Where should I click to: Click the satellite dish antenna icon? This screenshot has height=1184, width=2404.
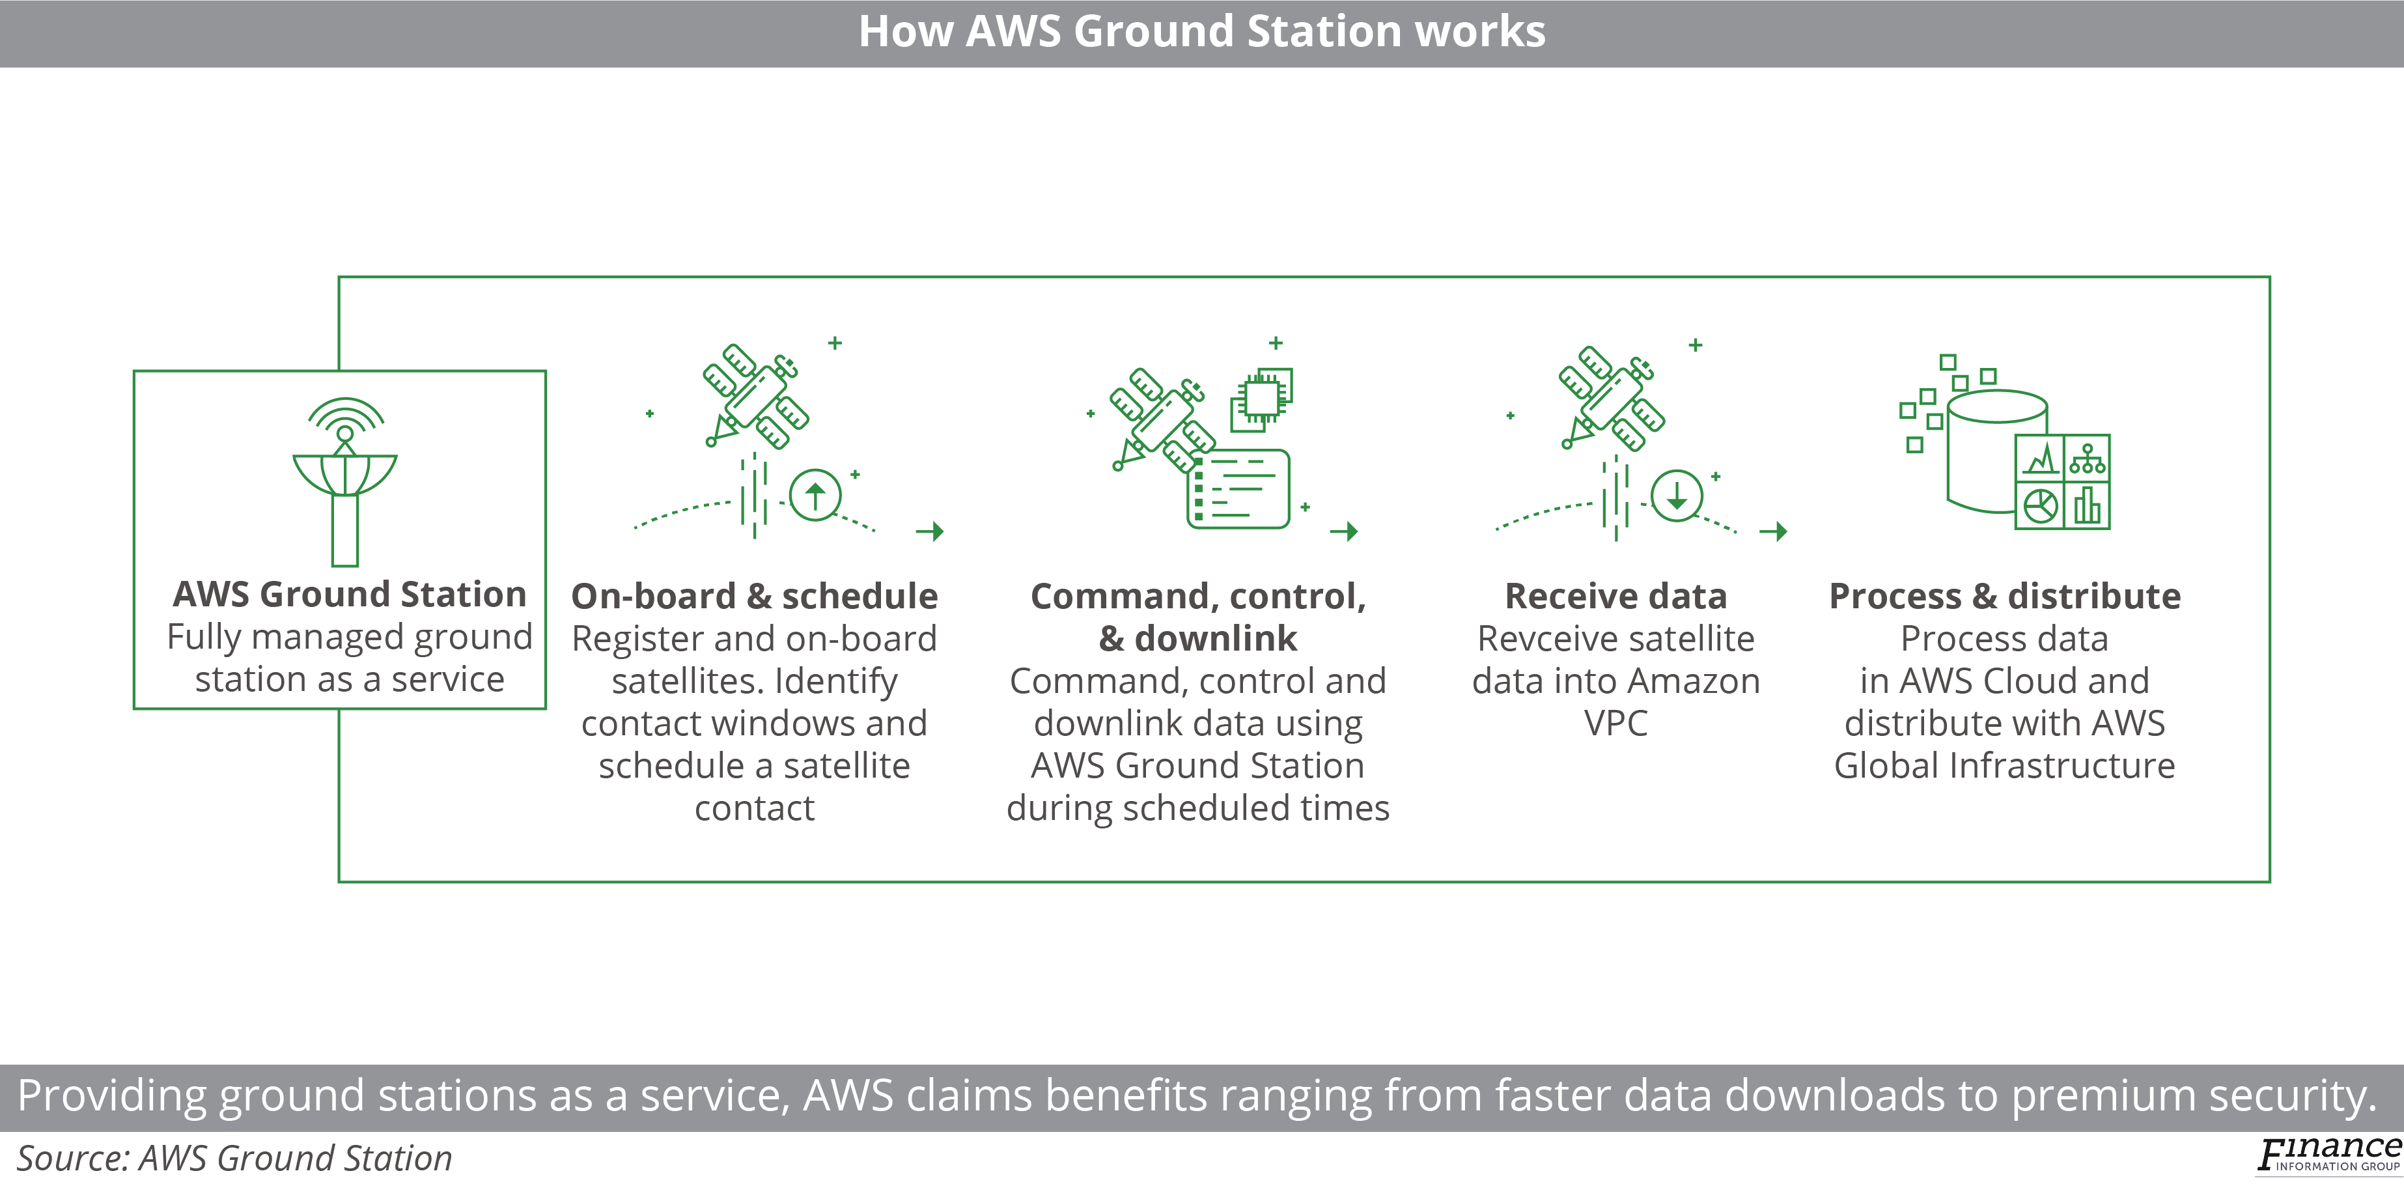[344, 481]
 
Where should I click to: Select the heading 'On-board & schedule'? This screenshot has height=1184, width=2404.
[754, 596]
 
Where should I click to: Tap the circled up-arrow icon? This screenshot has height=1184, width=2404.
[815, 495]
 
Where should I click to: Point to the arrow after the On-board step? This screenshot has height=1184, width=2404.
[929, 531]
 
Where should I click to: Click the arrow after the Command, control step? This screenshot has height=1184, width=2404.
[1344, 531]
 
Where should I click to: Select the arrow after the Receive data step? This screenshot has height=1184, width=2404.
[1773, 531]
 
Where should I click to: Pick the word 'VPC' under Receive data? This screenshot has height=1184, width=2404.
[1615, 723]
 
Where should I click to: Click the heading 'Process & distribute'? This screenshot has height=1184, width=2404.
[2005, 596]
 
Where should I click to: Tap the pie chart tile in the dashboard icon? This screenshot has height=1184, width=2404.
[2040, 506]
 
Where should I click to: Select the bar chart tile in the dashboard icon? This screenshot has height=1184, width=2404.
[2087, 506]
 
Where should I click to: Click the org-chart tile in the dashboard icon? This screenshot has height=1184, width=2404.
[2087, 458]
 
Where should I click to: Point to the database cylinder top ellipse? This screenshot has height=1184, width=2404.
[1997, 407]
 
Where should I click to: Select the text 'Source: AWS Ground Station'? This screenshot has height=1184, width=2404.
[234, 1158]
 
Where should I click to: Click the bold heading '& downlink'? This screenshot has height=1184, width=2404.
[1197, 639]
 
